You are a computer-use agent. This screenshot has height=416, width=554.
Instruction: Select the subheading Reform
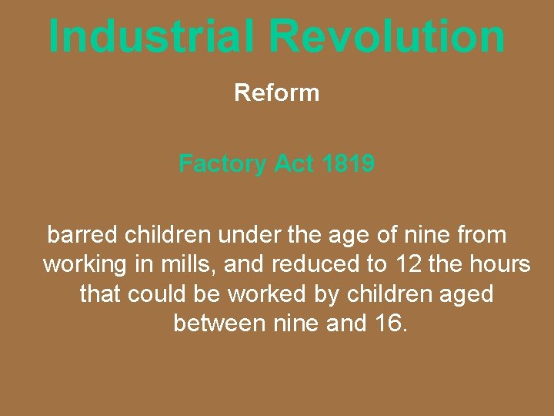pos(276,93)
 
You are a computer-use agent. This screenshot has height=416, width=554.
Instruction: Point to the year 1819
pos(349,163)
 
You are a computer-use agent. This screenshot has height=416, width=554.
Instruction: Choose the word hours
pos(501,264)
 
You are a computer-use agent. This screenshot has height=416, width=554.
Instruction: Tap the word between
pos(219,323)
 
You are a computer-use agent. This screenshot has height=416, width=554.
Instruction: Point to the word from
pos(482,234)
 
